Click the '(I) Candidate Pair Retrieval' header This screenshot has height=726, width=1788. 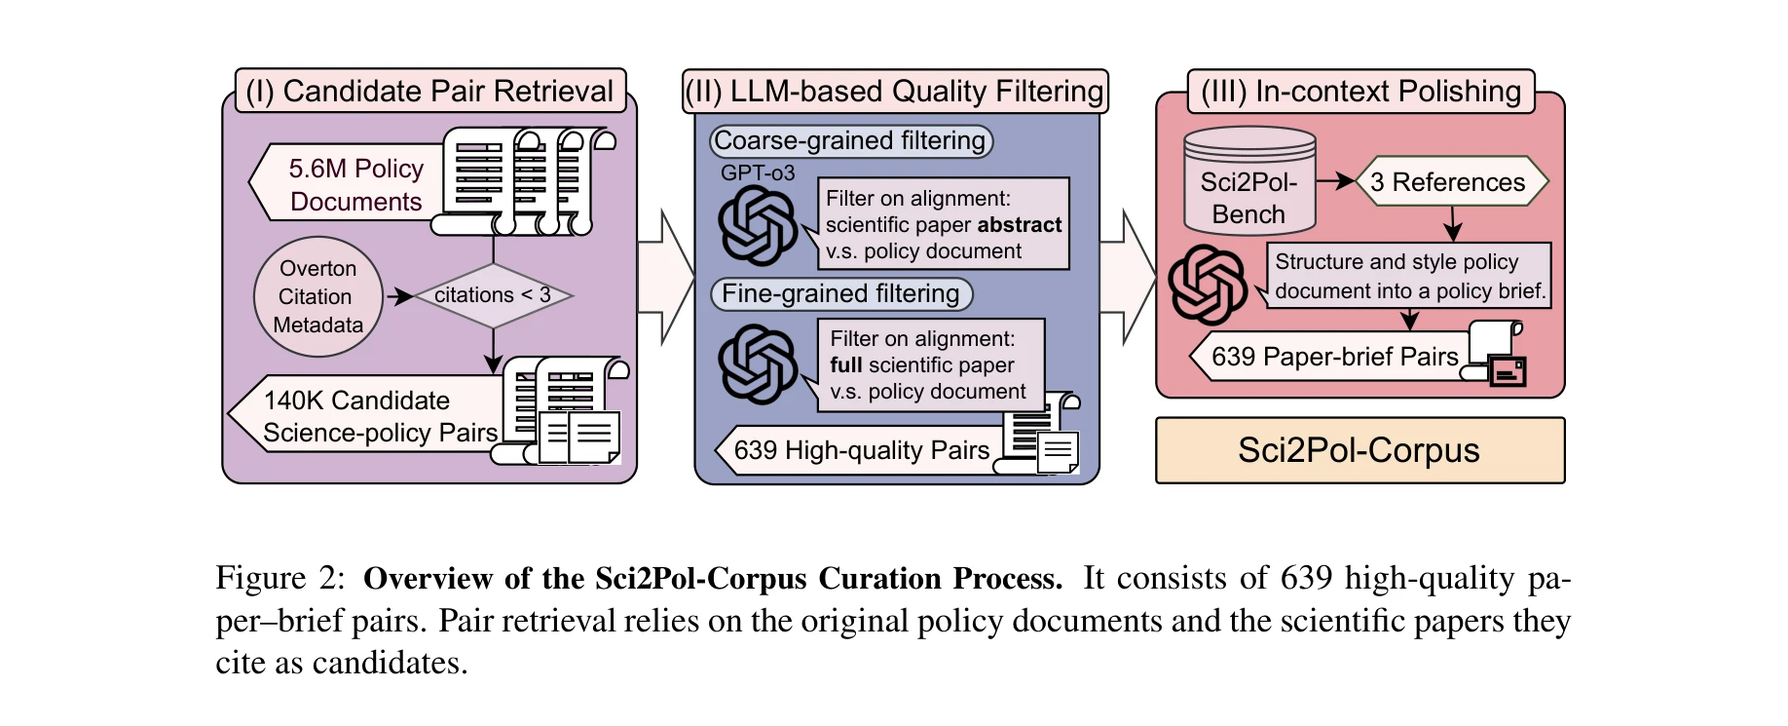point(429,91)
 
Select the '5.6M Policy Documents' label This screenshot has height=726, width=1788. point(355,184)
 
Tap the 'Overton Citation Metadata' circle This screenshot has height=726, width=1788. point(317,296)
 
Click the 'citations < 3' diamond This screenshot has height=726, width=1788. point(493,294)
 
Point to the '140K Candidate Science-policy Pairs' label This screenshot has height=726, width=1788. point(380,416)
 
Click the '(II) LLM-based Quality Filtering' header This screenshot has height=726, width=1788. point(894,91)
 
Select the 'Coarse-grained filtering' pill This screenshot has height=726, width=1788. point(849,140)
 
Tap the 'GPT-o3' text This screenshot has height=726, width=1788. point(758,172)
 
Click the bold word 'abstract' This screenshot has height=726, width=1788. point(1019,225)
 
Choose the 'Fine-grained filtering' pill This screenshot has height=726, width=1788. point(840,293)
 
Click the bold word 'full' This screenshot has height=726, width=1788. point(845,365)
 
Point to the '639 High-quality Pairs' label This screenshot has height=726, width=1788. point(861,450)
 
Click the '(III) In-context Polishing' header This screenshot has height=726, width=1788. point(1360,91)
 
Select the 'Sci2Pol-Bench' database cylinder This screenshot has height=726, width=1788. point(1248,185)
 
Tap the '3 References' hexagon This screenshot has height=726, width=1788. point(1448,182)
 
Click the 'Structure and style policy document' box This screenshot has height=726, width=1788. point(1409,276)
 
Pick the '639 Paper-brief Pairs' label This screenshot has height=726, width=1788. point(1334,357)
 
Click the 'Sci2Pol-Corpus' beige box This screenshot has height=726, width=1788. point(1359,450)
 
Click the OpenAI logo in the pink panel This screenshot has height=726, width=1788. point(1208,285)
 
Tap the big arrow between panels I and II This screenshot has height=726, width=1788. point(665,277)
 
